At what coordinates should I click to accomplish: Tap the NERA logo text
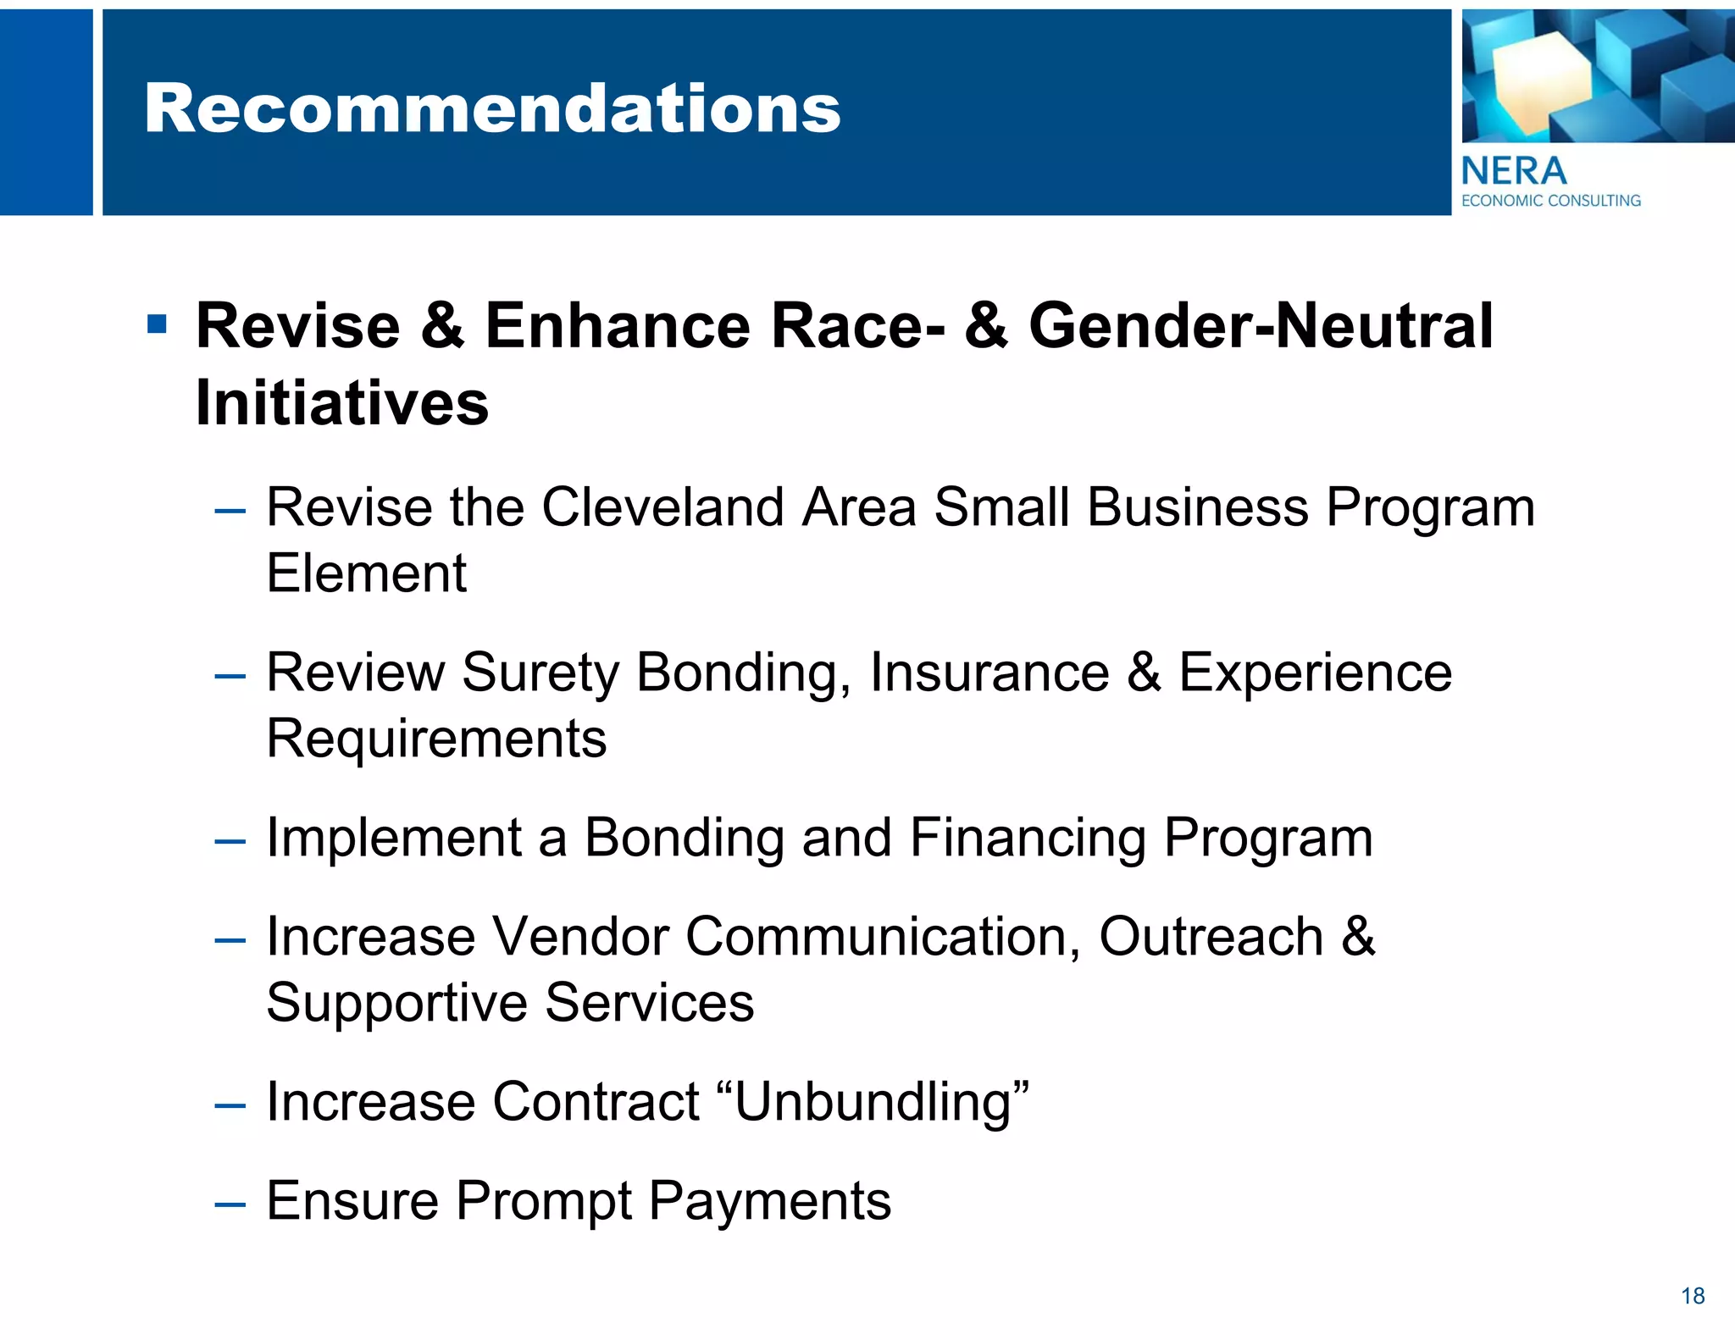pos(1513,172)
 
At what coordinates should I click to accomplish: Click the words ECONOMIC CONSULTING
pos(1550,201)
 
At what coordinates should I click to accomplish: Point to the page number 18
pos(1693,1296)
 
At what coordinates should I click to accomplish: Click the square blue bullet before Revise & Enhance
pos(157,324)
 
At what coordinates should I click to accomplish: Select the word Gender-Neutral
pos(1261,326)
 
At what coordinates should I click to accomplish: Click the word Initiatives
pos(342,403)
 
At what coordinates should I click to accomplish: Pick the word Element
pos(366,573)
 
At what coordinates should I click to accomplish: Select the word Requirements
pos(436,739)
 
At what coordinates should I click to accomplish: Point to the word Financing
pos(1027,839)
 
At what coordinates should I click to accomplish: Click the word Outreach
pos(1211,938)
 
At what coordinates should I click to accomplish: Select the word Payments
pos(769,1202)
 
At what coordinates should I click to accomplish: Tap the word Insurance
pos(989,673)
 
